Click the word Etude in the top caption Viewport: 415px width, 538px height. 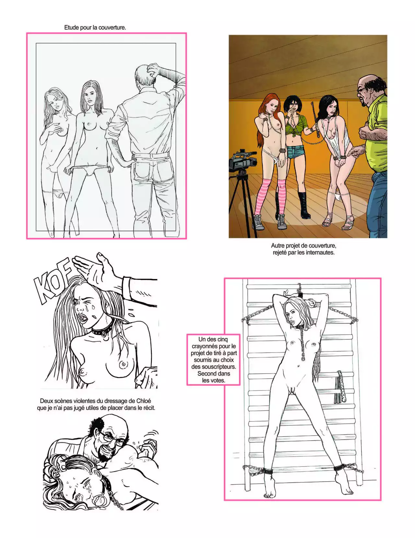pyautogui.click(x=71, y=28)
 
